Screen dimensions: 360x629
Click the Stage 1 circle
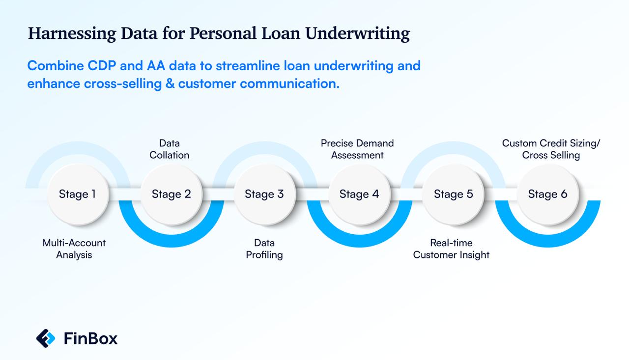pyautogui.click(x=77, y=194)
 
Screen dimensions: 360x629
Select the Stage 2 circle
pyautogui.click(x=171, y=194)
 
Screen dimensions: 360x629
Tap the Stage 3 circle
pyautogui.click(x=264, y=194)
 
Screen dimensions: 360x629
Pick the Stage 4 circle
pyautogui.click(x=359, y=194)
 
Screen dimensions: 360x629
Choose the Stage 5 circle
pyautogui.click(x=453, y=194)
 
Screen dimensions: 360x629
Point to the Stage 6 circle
pyautogui.click(x=547, y=194)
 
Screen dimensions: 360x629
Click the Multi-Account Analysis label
pyautogui.click(x=74, y=249)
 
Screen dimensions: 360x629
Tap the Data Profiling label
pyautogui.click(x=264, y=249)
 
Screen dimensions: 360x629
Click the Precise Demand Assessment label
pyautogui.click(x=357, y=149)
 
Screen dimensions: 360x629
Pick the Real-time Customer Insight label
pyautogui.click(x=451, y=249)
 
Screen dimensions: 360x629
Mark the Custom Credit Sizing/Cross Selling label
pyautogui.click(x=551, y=149)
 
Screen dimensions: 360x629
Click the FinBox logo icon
pyautogui.click(x=46, y=338)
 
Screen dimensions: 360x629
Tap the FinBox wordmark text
pyautogui.click(x=91, y=338)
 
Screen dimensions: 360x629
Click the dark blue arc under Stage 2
pyautogui.click(x=171, y=241)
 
